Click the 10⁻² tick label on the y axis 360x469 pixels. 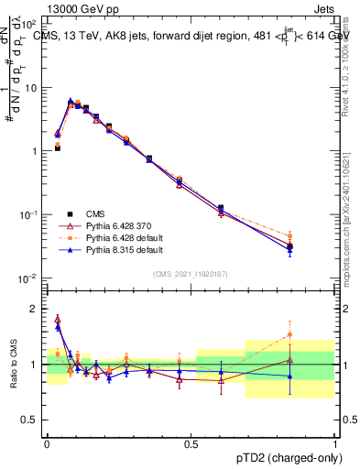[28, 278]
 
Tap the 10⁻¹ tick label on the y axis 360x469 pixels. [28, 214]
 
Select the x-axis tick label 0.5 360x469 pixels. [191, 443]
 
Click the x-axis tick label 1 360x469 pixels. [335, 443]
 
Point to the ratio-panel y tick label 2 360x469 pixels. [35, 309]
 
